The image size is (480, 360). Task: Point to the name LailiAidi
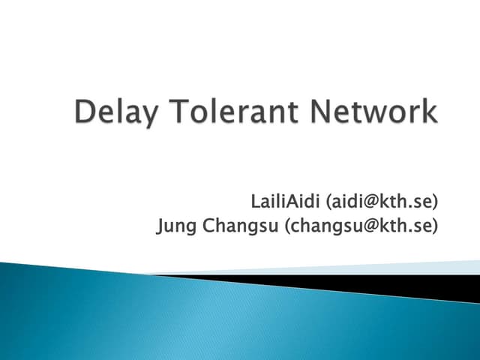[x=285, y=201]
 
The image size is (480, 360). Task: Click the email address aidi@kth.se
[x=380, y=201]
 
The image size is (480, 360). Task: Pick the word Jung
[x=174, y=225]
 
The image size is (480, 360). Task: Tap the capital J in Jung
[x=160, y=225]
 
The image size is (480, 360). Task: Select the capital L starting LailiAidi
[x=256, y=201]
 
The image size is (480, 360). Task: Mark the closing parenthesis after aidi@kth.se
[x=436, y=201]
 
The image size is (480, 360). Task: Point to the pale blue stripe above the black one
[x=375, y=268]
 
